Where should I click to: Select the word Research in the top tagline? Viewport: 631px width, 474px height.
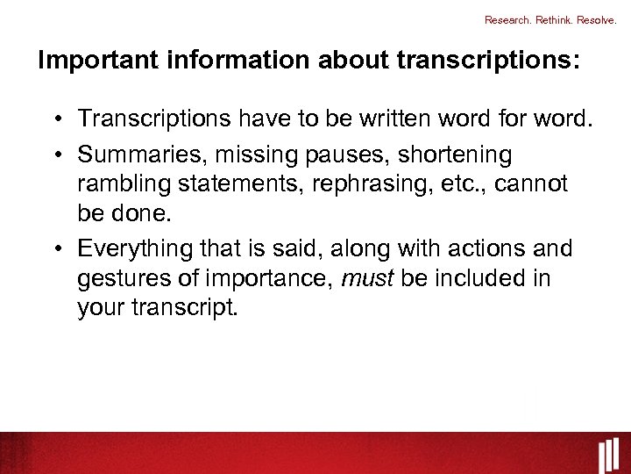point(506,19)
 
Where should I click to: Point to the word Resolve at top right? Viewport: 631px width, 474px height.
point(598,19)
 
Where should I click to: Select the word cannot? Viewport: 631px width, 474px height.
point(535,184)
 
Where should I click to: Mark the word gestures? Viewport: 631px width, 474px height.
point(119,279)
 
